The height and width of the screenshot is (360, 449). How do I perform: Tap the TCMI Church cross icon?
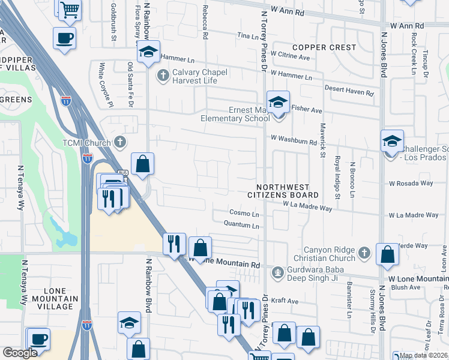pyautogui.click(x=120, y=143)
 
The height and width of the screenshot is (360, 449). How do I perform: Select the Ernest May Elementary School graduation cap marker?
pyautogui.click(x=278, y=103)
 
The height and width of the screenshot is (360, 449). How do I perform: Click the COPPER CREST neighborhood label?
pyautogui.click(x=324, y=47)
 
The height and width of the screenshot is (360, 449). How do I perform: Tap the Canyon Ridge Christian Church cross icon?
pyautogui.click(x=364, y=254)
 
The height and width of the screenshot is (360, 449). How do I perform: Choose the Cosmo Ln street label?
pyautogui.click(x=244, y=214)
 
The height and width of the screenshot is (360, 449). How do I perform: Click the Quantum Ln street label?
pyautogui.click(x=241, y=226)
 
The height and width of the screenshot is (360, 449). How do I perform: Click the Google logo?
pyautogui.click(x=20, y=353)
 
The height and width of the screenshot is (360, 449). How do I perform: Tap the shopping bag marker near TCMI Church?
pyautogui.click(x=142, y=164)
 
